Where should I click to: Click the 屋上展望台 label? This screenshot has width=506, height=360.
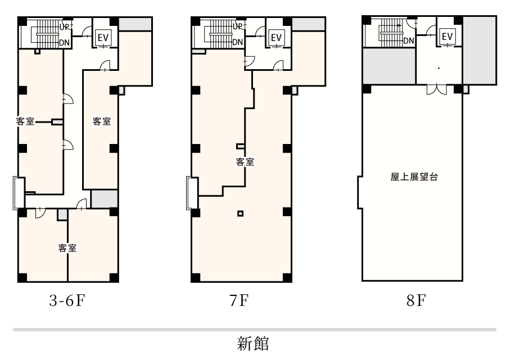(414, 177)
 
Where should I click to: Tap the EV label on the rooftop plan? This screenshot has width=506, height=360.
(447, 37)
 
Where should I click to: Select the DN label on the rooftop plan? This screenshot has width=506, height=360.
(409, 40)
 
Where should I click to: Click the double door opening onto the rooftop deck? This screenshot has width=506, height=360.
(435, 89)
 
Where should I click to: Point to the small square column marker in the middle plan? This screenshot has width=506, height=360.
(240, 213)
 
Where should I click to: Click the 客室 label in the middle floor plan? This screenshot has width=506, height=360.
(245, 162)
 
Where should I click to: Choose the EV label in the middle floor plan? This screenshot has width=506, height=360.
(276, 37)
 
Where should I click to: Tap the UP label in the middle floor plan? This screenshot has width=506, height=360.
(237, 26)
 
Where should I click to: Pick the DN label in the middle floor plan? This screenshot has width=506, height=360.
(237, 42)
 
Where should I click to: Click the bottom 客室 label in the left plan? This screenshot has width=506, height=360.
(67, 247)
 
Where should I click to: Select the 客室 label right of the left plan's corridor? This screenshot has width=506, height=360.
(101, 121)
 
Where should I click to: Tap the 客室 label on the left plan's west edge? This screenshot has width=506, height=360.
(25, 121)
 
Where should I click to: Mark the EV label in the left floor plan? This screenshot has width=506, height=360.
(103, 37)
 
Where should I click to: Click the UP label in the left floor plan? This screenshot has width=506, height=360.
(64, 26)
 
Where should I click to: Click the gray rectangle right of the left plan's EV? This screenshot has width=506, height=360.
(135, 24)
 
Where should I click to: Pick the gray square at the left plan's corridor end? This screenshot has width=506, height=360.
(104, 199)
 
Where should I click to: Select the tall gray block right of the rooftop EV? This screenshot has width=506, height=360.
(479, 50)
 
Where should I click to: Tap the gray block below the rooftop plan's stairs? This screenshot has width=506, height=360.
(389, 66)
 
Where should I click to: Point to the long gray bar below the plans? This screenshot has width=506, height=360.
(254, 329)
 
